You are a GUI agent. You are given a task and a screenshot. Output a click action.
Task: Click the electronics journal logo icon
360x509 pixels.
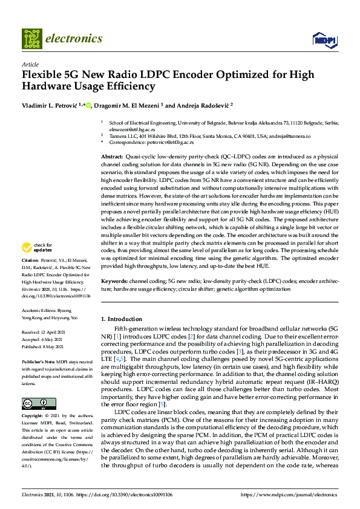tap(31, 39)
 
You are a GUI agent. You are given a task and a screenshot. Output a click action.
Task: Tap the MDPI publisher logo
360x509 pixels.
tap(324, 39)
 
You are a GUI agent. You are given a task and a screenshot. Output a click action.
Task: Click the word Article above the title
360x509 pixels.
tap(30, 63)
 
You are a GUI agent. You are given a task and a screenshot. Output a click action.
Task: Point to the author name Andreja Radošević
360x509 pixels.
tap(195, 105)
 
